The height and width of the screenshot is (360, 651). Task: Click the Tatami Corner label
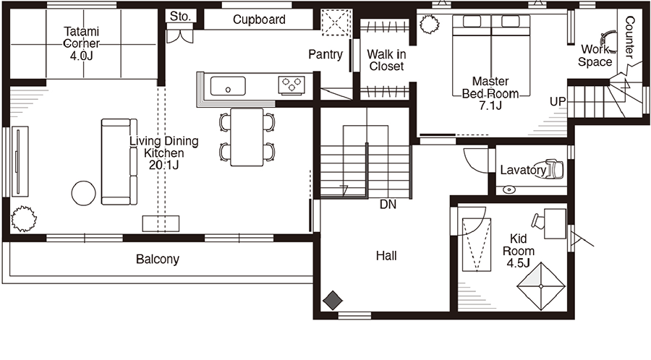(81, 43)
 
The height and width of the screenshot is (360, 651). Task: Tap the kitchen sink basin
(228, 86)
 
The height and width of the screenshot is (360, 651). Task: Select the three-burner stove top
(292, 85)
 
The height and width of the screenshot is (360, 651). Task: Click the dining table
(247, 137)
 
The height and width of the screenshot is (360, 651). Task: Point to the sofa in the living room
(119, 162)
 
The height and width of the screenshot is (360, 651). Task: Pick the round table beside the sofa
(83, 193)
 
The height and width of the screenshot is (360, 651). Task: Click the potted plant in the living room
(23, 218)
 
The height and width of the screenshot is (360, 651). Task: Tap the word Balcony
(158, 260)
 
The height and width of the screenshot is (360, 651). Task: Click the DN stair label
(388, 204)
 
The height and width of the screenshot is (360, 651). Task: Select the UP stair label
(558, 102)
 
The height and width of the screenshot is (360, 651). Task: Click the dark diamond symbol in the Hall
(333, 300)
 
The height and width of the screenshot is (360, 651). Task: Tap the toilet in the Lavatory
(554, 169)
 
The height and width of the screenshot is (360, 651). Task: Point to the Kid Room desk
(555, 223)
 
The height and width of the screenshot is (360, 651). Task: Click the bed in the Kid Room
(477, 245)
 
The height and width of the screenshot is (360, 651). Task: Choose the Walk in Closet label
(386, 60)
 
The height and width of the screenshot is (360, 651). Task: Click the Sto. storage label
(181, 17)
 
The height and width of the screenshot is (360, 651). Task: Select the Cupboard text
(259, 20)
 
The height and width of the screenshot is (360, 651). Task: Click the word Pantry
(325, 54)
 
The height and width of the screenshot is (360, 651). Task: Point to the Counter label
(629, 38)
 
